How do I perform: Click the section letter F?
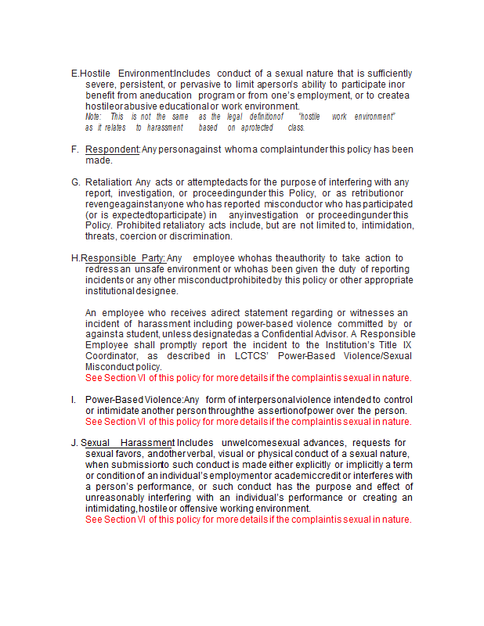[x=74, y=149]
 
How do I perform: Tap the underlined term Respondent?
[x=112, y=149]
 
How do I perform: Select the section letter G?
[x=75, y=182]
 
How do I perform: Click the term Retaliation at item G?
[x=108, y=182]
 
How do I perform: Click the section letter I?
[x=74, y=400]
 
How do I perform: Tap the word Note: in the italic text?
[x=93, y=117]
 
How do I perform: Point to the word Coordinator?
[x=116, y=355]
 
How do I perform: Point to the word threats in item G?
[x=101, y=236]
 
